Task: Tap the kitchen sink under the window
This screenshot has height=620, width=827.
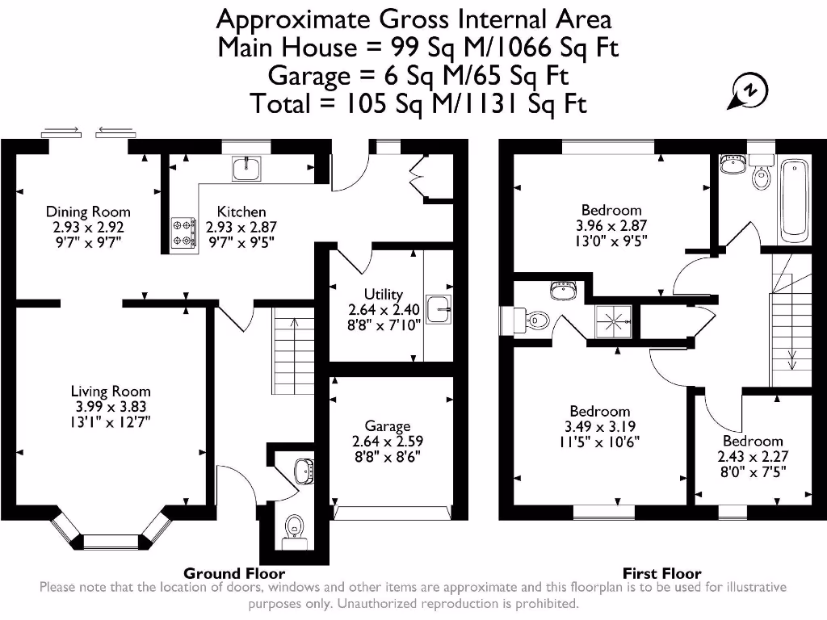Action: (246, 168)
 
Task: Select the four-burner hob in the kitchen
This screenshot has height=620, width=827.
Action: (183, 232)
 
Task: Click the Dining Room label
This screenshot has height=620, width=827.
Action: (88, 212)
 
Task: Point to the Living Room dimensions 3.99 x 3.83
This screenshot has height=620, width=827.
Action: (111, 407)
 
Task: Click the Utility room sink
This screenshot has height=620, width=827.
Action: (439, 309)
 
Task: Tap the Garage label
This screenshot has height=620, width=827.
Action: (388, 426)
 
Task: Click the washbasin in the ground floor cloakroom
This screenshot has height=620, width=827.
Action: (304, 471)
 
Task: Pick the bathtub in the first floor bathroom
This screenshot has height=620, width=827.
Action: (794, 201)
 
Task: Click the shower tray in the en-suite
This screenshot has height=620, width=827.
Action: (614, 321)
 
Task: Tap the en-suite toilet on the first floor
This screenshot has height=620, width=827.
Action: (532, 320)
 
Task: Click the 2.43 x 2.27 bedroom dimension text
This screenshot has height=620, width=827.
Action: (753, 457)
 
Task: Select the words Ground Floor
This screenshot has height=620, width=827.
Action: (234, 573)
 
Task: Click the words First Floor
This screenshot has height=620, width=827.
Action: (662, 573)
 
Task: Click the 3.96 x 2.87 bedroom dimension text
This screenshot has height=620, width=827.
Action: (611, 226)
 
